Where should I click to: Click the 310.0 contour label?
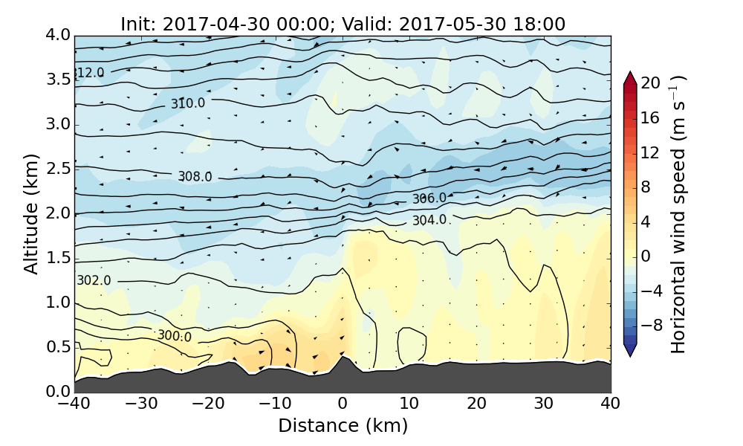[x=188, y=103]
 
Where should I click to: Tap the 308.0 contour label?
[x=195, y=176]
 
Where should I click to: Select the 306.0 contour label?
[x=429, y=198]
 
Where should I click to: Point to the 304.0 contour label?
[x=429, y=220]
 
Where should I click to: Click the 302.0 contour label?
[x=94, y=280]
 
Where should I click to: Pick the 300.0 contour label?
[x=175, y=336]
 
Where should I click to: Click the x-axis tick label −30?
[x=141, y=404]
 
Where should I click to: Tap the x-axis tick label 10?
[x=409, y=404]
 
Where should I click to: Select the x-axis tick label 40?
[x=611, y=404]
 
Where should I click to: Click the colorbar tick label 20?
[x=651, y=84]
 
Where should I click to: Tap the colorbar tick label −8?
[x=651, y=325]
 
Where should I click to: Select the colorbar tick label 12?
[x=651, y=152]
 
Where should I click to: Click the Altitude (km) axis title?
[x=30, y=213]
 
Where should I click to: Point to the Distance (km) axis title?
[x=343, y=426]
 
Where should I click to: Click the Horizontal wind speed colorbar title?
[x=679, y=214]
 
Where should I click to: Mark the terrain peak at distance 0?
[x=342, y=358]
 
